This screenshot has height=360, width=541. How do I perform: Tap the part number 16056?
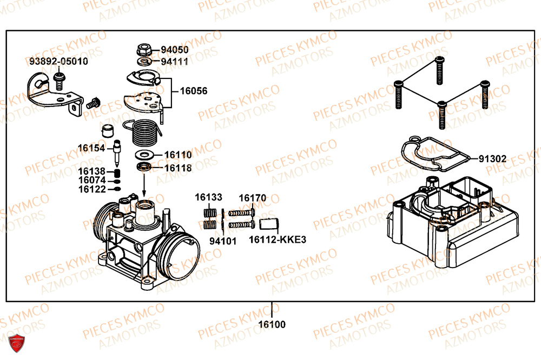pos(193,91)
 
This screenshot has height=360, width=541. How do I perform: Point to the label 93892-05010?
pos(58,62)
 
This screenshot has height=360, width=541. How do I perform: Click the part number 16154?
pos(91,148)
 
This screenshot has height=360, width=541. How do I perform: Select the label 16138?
pos(91,171)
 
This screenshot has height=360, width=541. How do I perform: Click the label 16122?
pos(91,189)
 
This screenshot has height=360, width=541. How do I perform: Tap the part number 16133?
pos(209,198)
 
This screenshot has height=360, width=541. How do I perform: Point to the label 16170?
pos(252,198)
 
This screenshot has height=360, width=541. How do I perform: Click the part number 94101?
pos(223,241)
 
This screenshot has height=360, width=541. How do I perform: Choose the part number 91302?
pos(492,159)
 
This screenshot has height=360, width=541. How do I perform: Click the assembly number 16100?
pos(272,325)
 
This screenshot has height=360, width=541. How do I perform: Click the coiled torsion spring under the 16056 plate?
pos(144,133)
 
